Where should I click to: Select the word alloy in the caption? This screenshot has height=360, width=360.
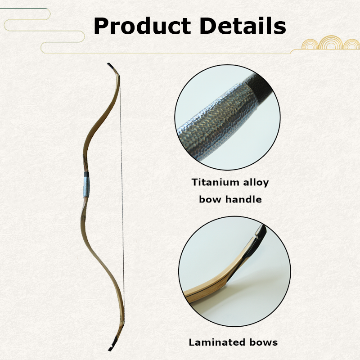(256, 183)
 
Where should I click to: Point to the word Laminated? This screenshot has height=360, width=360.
(214, 342)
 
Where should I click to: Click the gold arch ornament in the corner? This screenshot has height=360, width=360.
(331, 44)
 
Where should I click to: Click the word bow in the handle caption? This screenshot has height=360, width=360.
(209, 199)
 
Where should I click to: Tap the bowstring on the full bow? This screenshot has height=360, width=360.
(122, 207)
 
